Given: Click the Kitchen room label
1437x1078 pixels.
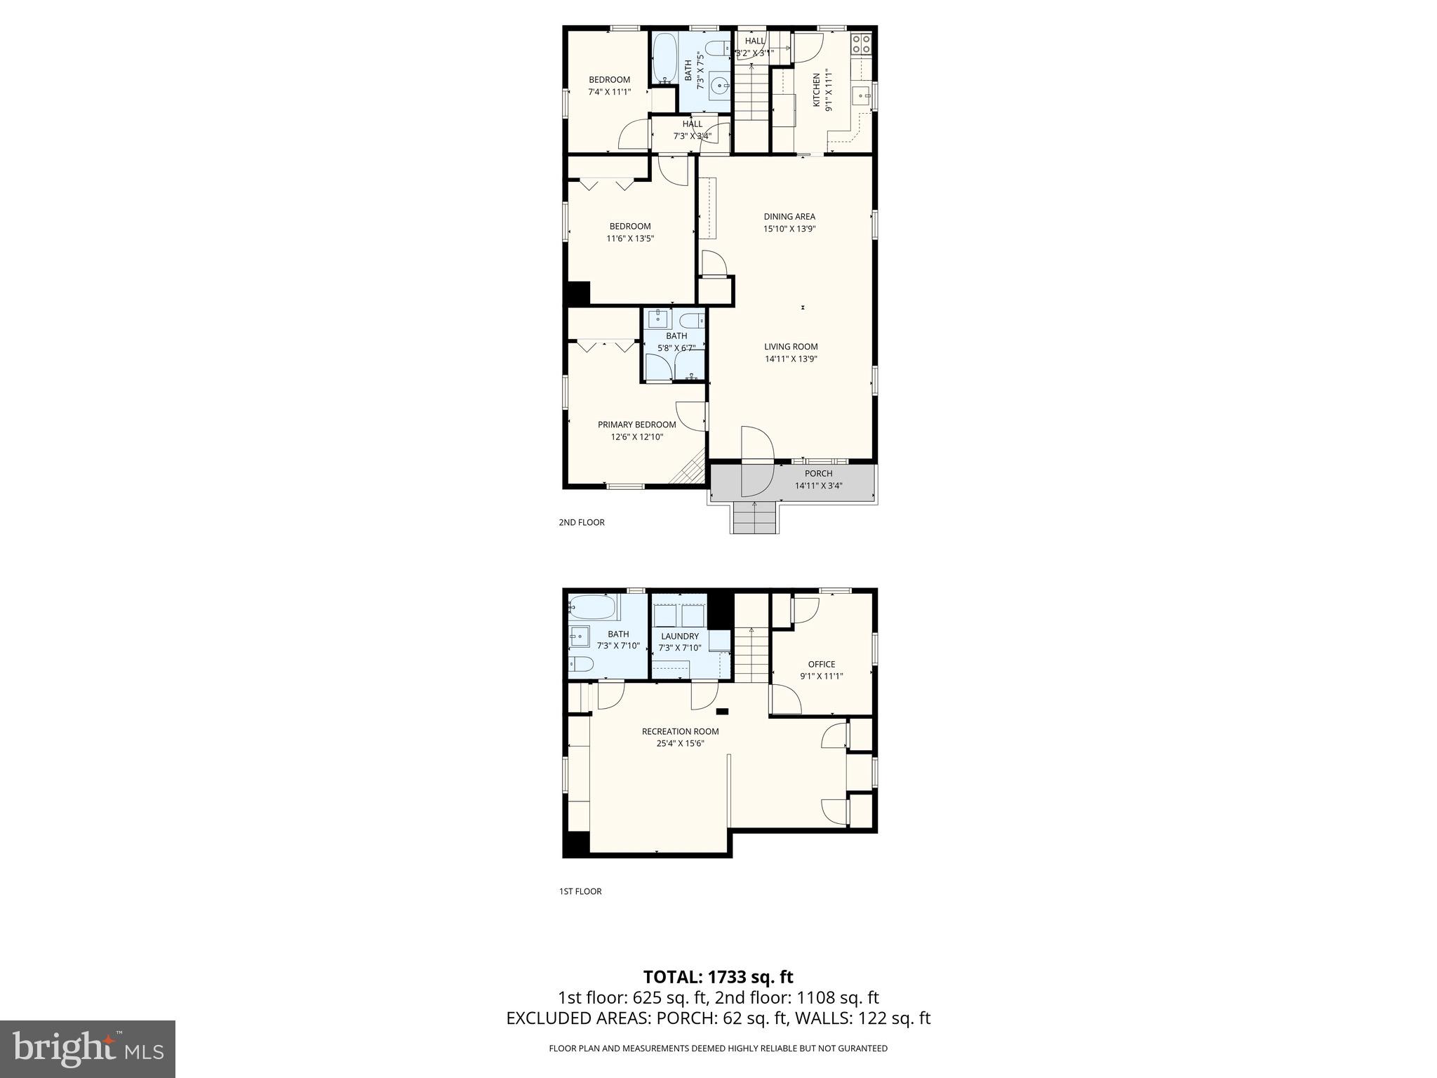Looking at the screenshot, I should [816, 90].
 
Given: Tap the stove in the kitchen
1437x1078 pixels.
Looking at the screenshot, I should [861, 44].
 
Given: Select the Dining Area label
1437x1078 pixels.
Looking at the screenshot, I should [789, 216].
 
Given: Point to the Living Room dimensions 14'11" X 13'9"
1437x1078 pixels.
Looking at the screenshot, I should [791, 359].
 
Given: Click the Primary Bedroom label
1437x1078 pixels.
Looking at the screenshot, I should [636, 424].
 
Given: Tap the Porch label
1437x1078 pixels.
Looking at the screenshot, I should [818, 473].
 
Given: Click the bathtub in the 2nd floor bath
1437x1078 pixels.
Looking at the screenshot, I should [664, 58].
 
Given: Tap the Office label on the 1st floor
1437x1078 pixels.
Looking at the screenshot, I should [821, 664].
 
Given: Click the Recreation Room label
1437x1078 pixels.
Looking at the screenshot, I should [680, 731].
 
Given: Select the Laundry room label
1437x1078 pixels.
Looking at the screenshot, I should [679, 636].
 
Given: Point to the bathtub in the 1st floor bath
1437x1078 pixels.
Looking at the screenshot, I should [592, 606].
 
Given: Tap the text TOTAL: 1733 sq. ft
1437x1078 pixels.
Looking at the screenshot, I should [718, 976].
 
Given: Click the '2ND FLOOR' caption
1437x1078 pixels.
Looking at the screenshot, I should [581, 522].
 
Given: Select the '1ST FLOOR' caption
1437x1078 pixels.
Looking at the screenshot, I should [580, 891].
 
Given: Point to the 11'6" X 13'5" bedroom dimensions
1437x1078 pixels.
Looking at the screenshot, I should [630, 239].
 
